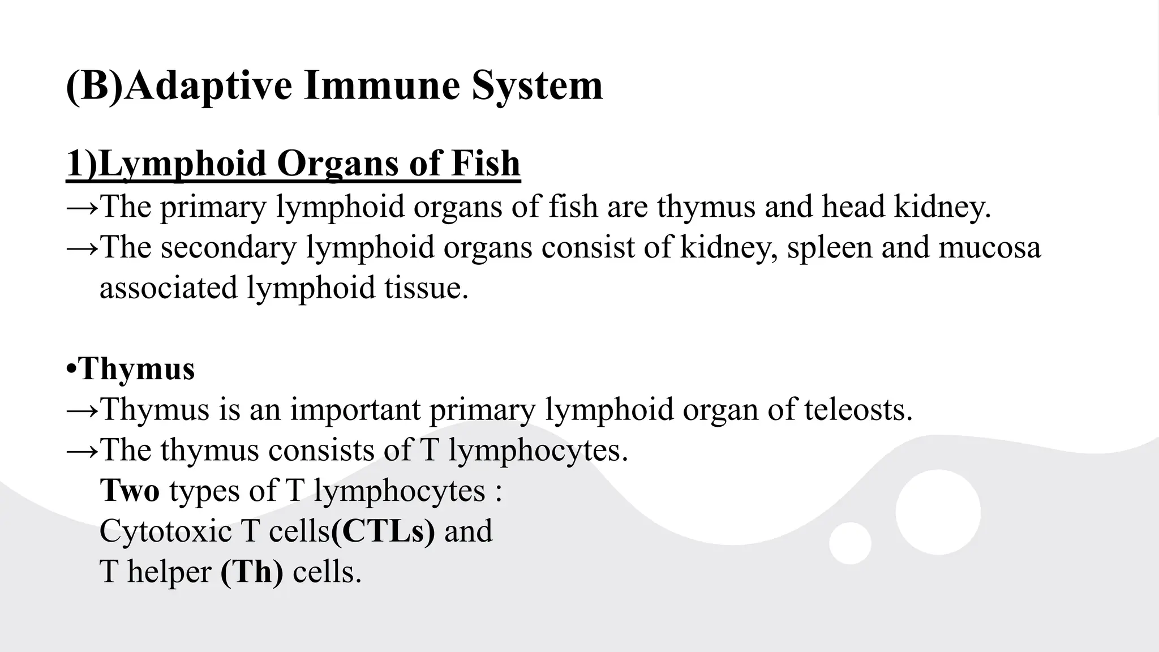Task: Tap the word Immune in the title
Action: [381, 86]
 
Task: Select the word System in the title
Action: [537, 86]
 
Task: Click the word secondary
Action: [228, 247]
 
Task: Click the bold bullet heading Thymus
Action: [137, 369]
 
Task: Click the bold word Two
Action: [130, 490]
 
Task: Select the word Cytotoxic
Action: [165, 531]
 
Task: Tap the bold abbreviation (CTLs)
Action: [383, 531]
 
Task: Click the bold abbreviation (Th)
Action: [252, 572]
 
